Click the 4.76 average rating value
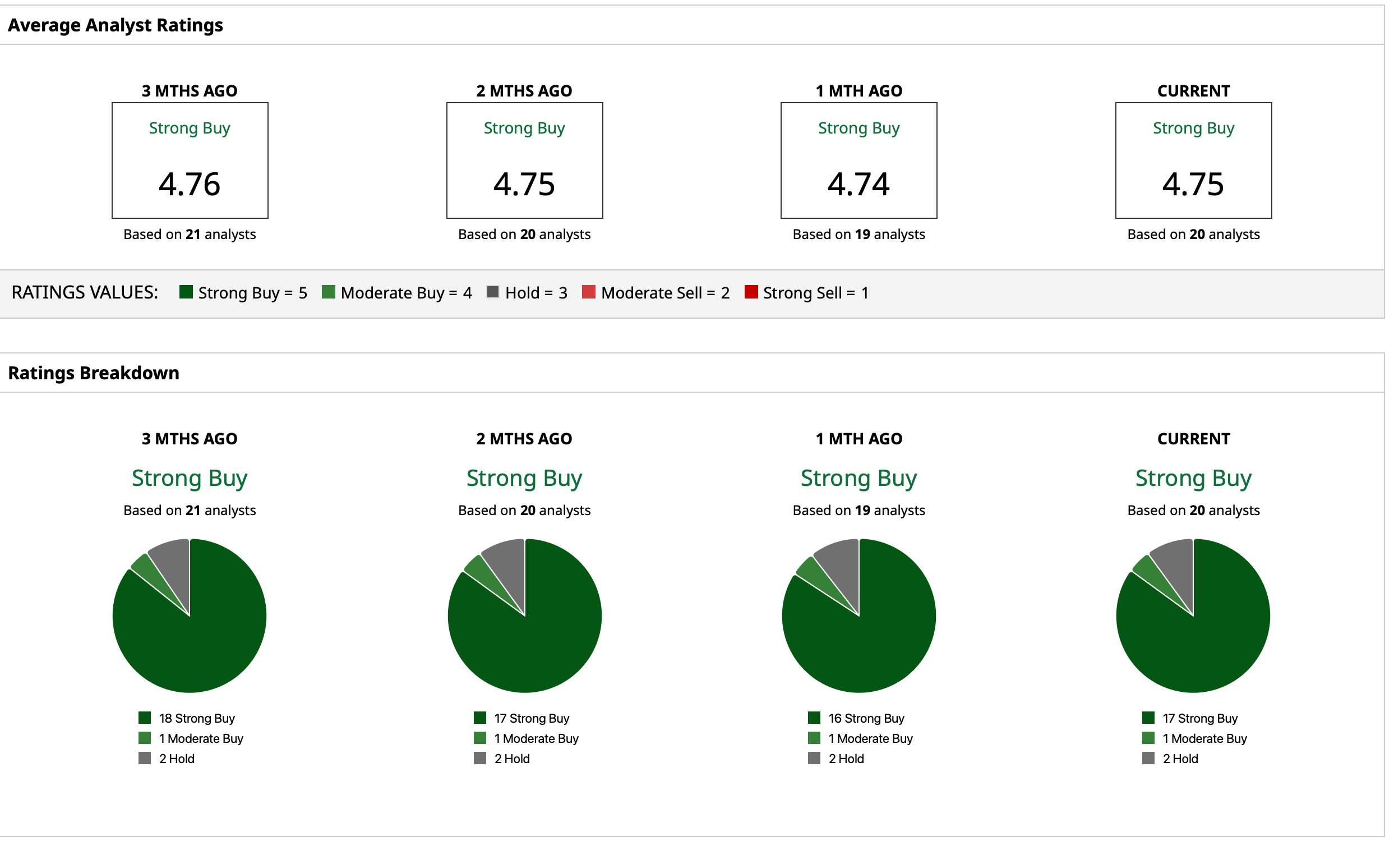(x=190, y=185)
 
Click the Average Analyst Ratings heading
(x=116, y=25)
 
